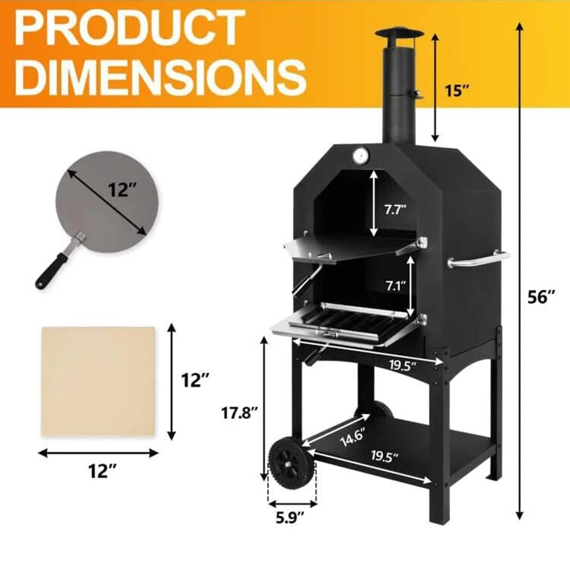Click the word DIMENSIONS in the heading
pos(160,77)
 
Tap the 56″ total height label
pos(541,297)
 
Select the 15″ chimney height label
pos(458,90)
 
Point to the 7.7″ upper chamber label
pos(395,210)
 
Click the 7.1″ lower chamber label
pos(396,286)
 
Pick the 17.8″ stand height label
pos(240,413)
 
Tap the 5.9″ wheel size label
pos(290,518)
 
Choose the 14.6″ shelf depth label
pos(352,436)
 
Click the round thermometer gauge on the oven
pos(360,156)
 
